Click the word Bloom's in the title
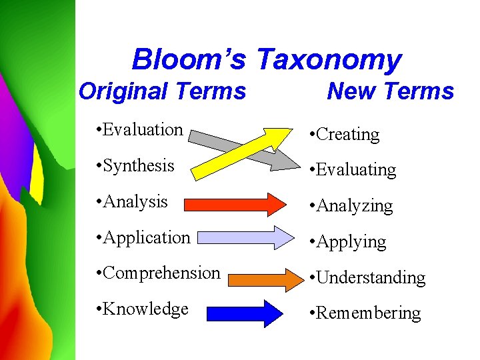(x=189, y=59)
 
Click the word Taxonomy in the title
(x=329, y=60)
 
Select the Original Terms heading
(x=162, y=91)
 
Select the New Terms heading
(x=390, y=91)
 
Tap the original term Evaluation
(x=143, y=130)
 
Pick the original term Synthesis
(x=139, y=165)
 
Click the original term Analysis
(x=135, y=201)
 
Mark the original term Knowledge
(x=145, y=309)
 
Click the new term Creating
(x=347, y=134)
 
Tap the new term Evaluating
(x=355, y=170)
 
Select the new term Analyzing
(x=354, y=206)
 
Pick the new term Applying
(x=351, y=241)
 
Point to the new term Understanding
(x=370, y=277)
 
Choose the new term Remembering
(x=368, y=313)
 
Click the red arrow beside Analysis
(x=233, y=204)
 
